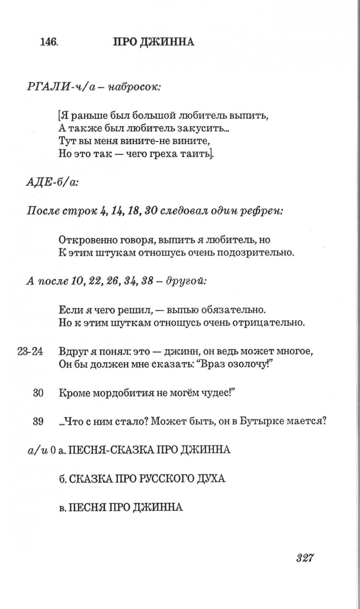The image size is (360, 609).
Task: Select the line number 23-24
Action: (30, 352)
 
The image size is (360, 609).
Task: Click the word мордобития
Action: (120, 393)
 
